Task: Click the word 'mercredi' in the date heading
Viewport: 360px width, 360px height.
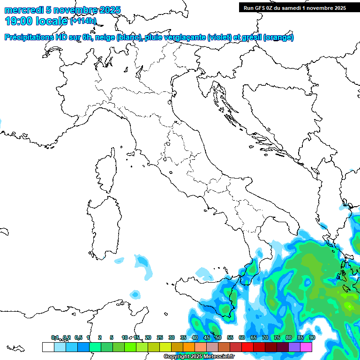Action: (x=22, y=10)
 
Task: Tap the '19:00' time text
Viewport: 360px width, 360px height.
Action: (x=18, y=21)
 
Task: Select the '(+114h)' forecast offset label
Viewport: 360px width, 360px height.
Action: (x=83, y=21)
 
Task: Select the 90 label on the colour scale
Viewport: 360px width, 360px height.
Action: (x=312, y=337)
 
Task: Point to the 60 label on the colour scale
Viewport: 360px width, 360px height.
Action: (x=242, y=337)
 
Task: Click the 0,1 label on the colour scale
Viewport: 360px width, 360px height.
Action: (x=55, y=337)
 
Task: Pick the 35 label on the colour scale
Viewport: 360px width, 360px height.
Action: (x=183, y=337)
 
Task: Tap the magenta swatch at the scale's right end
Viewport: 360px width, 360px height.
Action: (x=306, y=347)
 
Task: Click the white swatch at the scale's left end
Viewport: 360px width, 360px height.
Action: (x=48, y=347)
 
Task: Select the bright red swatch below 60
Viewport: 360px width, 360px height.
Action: (x=247, y=347)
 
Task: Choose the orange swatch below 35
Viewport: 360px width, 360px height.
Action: (x=189, y=347)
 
